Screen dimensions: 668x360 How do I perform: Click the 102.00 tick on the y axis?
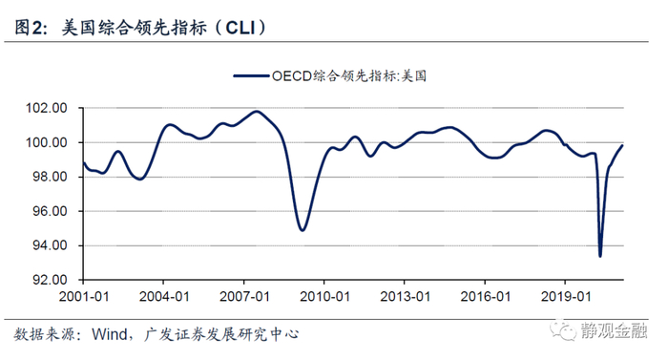(47, 108)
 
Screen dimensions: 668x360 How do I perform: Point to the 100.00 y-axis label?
(47, 142)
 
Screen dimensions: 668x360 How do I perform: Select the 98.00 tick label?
(51, 177)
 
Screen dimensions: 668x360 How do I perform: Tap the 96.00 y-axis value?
(51, 211)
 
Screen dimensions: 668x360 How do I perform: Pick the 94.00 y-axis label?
(51, 245)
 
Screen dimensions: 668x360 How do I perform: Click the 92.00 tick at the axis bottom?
(51, 280)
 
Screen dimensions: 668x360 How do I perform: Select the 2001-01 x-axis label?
(84, 296)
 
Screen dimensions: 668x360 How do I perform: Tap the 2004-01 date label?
(164, 296)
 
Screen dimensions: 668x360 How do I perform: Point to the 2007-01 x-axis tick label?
(244, 296)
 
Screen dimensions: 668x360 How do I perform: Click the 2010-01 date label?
(324, 296)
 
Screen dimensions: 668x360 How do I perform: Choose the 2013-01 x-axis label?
(405, 296)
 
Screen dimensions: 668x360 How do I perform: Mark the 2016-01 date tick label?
(485, 296)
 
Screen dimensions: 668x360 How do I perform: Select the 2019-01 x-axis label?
(566, 296)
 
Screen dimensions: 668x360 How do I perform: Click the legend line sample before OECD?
(251, 76)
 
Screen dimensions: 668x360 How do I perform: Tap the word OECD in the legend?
(292, 76)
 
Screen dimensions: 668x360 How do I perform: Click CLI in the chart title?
(240, 28)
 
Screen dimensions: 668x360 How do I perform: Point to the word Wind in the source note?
(110, 333)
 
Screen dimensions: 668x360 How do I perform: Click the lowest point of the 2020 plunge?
(600, 256)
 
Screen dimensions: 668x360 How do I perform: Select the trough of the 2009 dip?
(303, 230)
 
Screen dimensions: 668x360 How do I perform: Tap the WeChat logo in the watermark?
(562, 330)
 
